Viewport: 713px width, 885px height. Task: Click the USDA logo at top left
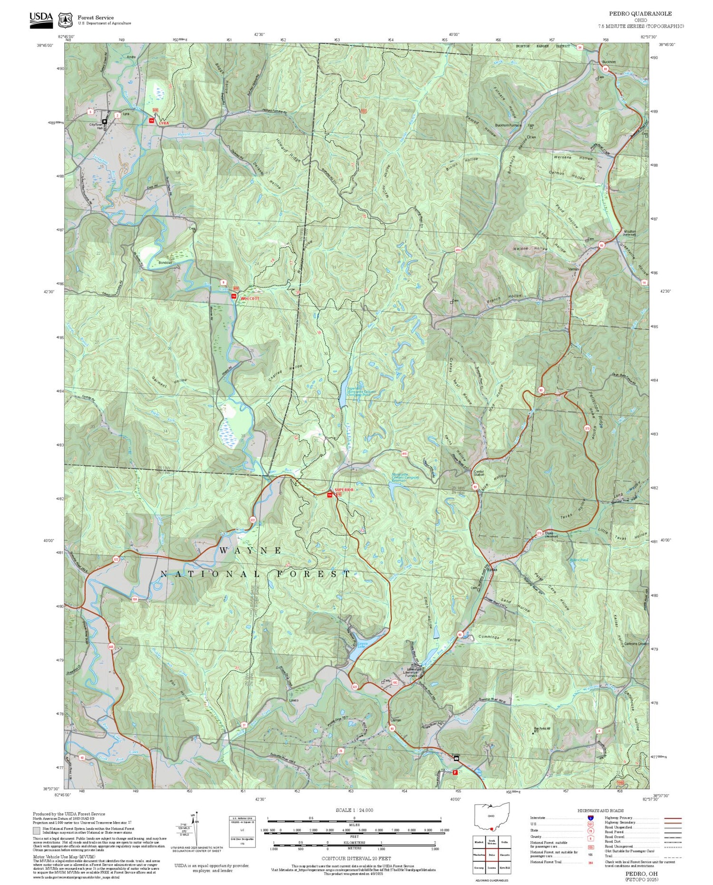[41, 19]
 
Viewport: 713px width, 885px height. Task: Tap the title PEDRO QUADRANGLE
[647, 14]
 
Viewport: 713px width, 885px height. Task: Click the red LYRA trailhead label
[164, 124]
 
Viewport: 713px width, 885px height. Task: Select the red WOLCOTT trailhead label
[250, 298]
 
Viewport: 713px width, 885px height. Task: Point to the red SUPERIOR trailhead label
[344, 490]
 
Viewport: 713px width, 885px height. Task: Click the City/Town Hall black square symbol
[105, 121]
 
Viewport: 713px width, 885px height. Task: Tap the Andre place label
[131, 57]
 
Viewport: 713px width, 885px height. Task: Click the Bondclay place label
[165, 263]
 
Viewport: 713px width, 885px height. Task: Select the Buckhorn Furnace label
[508, 125]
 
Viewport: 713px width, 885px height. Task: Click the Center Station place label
[479, 473]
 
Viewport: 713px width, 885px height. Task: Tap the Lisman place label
[395, 720]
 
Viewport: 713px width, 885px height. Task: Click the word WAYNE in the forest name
[251, 550]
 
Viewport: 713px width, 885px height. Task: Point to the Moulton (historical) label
[629, 233]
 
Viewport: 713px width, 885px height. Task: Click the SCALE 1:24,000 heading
[354, 810]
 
